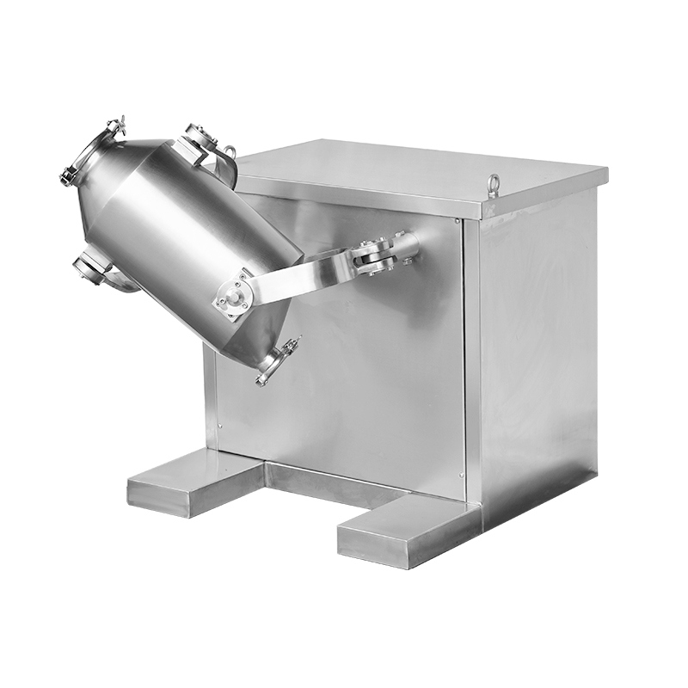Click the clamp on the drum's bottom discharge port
[277, 360]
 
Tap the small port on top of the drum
[199, 140]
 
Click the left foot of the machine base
[193, 486]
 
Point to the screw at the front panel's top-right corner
[458, 223]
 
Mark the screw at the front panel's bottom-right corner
[461, 475]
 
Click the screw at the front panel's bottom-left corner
[220, 424]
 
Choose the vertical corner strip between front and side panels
[472, 361]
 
